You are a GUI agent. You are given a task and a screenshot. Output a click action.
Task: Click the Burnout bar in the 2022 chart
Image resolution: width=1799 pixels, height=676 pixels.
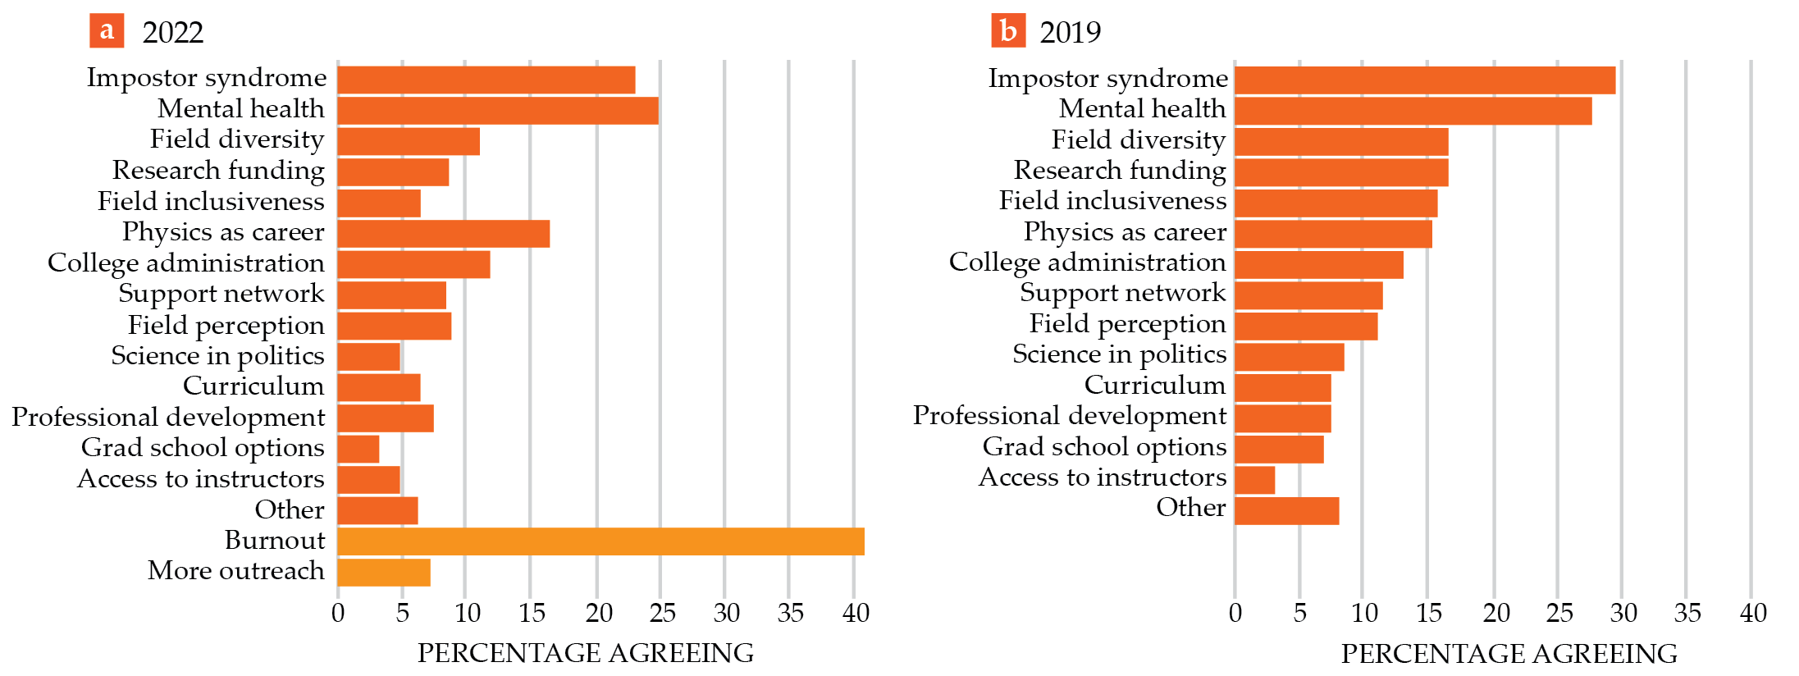tap(600, 541)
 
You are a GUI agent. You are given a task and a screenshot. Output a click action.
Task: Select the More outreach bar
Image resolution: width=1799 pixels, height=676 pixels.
tap(384, 573)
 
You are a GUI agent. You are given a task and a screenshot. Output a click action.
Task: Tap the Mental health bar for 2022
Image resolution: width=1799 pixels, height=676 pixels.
tap(498, 111)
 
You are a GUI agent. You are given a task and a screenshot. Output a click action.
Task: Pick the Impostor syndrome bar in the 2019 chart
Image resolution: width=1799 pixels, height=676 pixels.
tap(1425, 80)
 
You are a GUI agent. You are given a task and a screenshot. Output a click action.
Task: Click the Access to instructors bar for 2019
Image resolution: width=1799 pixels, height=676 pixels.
tap(1255, 480)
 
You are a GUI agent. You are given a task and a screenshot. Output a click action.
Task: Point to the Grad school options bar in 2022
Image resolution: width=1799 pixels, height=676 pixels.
tap(358, 450)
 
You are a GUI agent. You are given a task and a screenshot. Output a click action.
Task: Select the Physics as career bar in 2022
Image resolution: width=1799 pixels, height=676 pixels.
tap(444, 234)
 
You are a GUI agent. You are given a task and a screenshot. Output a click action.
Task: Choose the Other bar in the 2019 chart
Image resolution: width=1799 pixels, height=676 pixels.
tap(1287, 511)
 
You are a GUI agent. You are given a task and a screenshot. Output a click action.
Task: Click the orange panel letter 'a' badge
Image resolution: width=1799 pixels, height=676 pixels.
tap(107, 31)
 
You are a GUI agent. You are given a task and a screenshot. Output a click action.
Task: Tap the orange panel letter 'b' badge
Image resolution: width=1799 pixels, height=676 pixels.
tap(1008, 31)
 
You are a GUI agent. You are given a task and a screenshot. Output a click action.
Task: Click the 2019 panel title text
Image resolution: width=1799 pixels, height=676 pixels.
tap(1071, 33)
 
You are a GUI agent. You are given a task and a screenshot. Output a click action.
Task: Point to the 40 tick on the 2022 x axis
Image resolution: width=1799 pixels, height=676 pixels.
tap(856, 613)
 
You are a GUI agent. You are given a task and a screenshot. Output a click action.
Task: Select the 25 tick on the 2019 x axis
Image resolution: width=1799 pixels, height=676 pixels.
tap(1559, 613)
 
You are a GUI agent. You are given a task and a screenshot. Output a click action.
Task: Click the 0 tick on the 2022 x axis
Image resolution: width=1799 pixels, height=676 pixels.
tap(338, 613)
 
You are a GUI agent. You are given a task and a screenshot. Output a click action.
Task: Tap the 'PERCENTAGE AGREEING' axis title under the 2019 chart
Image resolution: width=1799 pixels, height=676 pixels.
tap(1509, 654)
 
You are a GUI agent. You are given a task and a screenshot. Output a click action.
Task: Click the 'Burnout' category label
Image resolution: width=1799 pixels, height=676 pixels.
tap(275, 541)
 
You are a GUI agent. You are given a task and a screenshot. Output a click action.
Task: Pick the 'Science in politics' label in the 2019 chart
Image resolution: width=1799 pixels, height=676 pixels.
tap(1119, 354)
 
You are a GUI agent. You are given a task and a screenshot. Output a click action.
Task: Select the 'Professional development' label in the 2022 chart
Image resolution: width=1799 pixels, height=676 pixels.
tap(168, 418)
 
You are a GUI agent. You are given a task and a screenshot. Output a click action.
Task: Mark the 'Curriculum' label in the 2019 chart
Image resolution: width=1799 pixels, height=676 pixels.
tap(1154, 386)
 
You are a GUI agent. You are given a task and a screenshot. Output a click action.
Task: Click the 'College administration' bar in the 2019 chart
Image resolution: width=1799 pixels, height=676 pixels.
tap(1319, 265)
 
